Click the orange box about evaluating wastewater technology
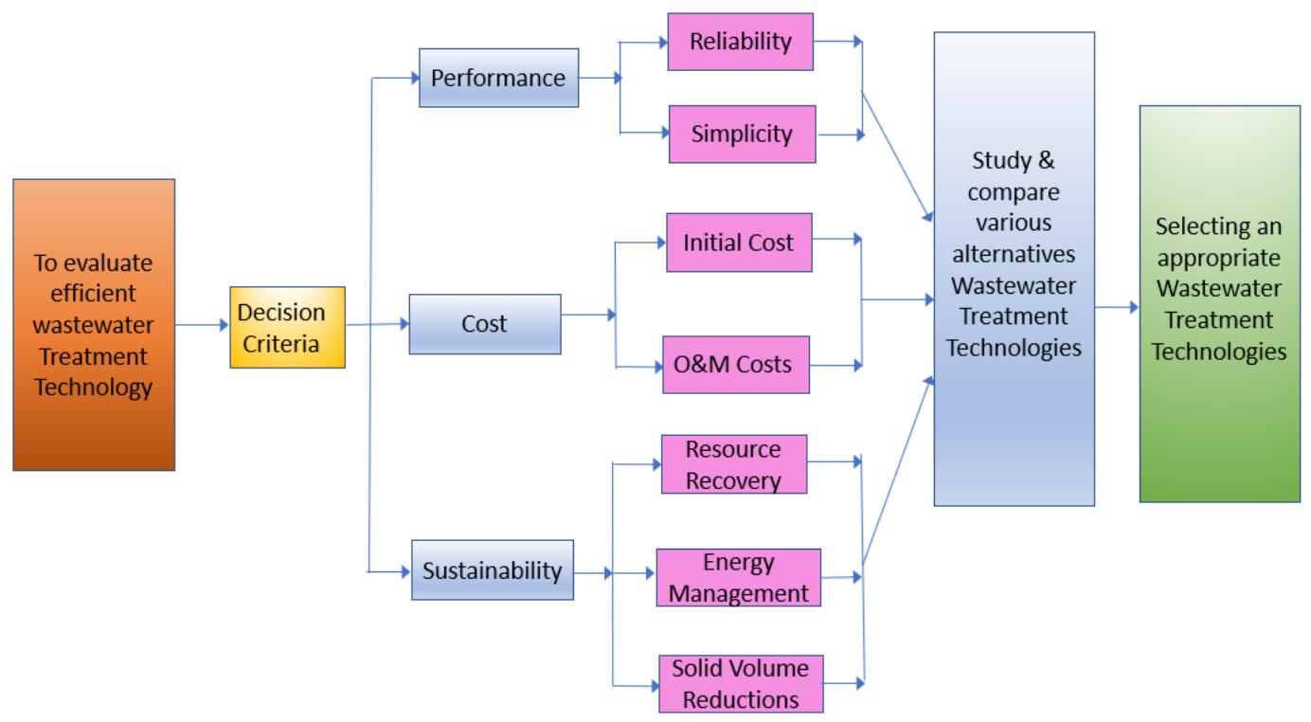tap(94, 324)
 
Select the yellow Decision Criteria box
tap(287, 327)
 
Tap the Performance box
tap(498, 78)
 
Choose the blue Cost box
tap(484, 324)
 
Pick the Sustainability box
tap(493, 570)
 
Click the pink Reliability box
tap(739, 42)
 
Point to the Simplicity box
tap(741, 134)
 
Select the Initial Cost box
tap(737, 244)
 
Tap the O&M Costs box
tap(735, 364)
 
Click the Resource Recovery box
tap(734, 464)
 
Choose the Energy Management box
tap(737, 578)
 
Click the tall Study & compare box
tap(1014, 268)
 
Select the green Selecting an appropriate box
tap(1219, 303)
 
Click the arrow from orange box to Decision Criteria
tap(202, 325)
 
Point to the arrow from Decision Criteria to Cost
tap(377, 324)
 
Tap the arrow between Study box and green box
tap(1117, 308)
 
